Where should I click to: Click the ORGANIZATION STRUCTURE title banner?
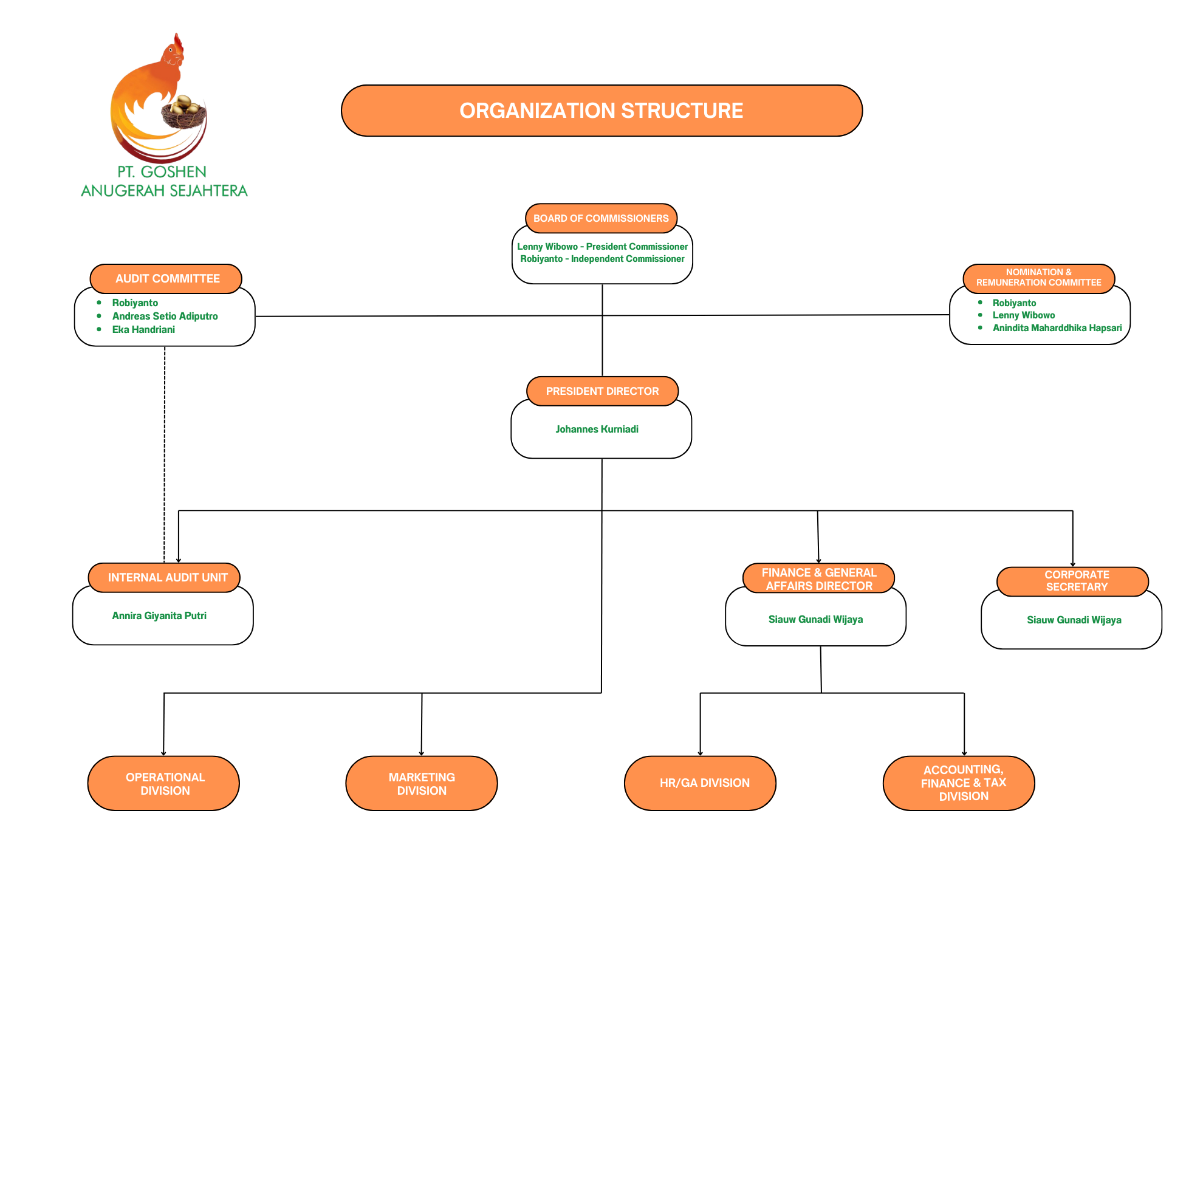[601, 111]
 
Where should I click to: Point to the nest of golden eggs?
[183, 112]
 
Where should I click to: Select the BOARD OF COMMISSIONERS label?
[601, 219]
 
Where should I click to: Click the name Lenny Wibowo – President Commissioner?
[602, 247]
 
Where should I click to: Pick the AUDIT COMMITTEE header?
[167, 278]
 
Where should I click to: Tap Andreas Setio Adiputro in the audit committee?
[165, 317]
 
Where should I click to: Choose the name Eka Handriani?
[143, 329]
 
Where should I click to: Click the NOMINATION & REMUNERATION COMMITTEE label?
[1038, 278]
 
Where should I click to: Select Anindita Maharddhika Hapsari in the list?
[1057, 328]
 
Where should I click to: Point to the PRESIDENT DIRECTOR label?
[602, 391]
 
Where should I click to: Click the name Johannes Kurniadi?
[597, 429]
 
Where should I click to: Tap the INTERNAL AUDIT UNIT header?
[167, 577]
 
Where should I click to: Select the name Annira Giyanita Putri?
[159, 616]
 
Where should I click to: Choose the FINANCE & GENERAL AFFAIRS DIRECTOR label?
[819, 579]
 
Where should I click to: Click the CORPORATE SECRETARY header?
[1077, 581]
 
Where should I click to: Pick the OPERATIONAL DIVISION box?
[164, 783]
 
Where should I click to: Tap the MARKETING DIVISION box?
[422, 783]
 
